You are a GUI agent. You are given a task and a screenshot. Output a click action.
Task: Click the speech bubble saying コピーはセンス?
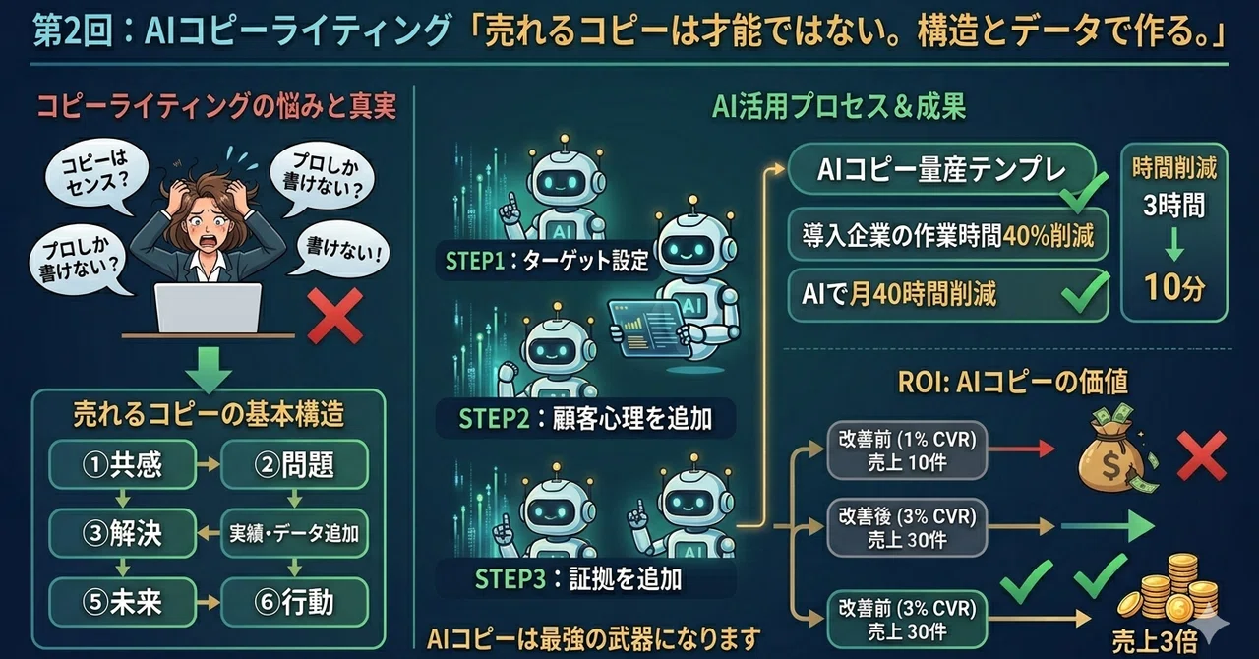(x=95, y=175)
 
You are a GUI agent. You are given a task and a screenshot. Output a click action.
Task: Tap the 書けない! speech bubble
(x=341, y=249)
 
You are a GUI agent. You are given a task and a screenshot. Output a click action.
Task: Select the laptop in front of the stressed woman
(x=208, y=308)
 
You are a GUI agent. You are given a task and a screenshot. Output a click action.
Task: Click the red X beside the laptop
(x=335, y=316)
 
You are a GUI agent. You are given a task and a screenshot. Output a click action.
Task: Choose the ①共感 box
(x=123, y=464)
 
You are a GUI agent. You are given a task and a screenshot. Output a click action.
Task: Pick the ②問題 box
(x=294, y=464)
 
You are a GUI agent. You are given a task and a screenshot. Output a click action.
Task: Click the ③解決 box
(x=123, y=533)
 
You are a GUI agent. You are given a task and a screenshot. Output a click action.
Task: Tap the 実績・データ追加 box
(x=294, y=533)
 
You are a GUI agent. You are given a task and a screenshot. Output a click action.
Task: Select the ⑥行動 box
(x=294, y=602)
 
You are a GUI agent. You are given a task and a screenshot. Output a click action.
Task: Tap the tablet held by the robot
(x=650, y=328)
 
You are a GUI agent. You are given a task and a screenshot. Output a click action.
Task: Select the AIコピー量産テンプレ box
(x=942, y=169)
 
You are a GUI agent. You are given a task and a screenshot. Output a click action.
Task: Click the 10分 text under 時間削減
(x=1174, y=287)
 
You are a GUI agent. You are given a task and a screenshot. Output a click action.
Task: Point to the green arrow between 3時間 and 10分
(x=1174, y=245)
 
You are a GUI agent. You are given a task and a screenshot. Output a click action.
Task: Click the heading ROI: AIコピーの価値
(x=1013, y=382)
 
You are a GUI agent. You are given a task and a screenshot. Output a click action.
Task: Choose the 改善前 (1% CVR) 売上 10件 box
(x=907, y=450)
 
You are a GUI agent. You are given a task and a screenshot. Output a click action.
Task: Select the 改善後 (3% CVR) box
(x=907, y=527)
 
